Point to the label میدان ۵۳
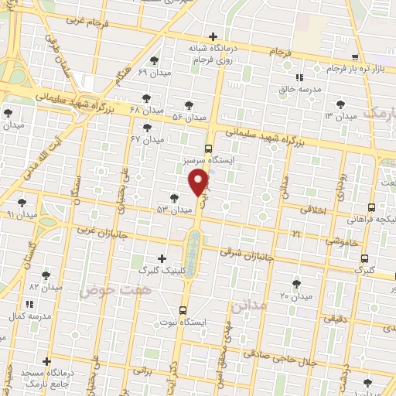click(174, 210)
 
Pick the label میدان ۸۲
click(45, 287)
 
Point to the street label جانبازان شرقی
click(247, 251)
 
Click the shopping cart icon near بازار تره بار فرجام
click(355, 57)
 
